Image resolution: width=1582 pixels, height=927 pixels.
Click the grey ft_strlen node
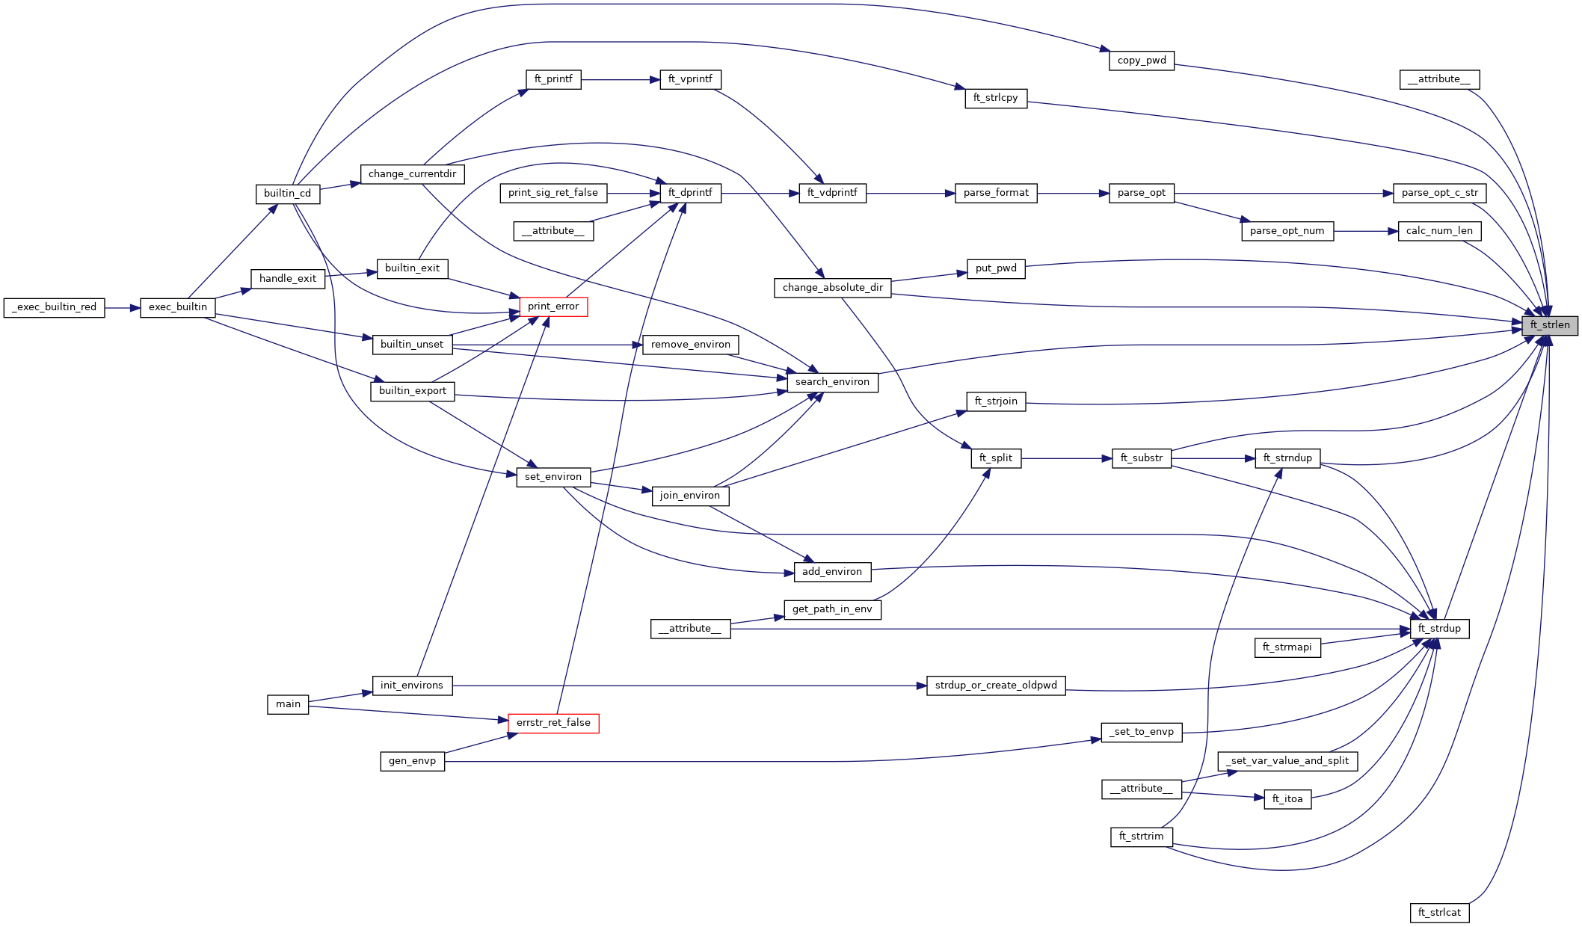[1549, 325]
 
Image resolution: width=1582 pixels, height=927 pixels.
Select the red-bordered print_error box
[553, 307]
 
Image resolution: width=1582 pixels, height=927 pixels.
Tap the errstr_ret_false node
[553, 723]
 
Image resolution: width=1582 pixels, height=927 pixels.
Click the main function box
[288, 704]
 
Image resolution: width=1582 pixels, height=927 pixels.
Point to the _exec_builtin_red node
[55, 307]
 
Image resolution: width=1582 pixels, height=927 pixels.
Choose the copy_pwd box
[1142, 61]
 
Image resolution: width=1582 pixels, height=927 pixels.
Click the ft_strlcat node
[1439, 913]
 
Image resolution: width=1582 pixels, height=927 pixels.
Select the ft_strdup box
[1439, 629]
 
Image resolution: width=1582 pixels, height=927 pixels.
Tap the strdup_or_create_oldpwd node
[996, 686]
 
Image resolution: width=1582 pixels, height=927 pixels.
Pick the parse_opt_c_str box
[1440, 193]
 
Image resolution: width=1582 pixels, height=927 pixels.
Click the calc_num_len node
[1439, 231]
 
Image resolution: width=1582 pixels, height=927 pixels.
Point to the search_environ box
[832, 382]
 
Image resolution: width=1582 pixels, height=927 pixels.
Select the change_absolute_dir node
[832, 288]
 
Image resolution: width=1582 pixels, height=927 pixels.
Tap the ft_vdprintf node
[832, 193]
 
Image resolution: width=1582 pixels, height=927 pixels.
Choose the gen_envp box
[412, 761]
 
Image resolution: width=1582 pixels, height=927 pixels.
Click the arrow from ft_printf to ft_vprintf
[620, 79]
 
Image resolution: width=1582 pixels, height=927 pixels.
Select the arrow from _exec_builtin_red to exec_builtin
[123, 307]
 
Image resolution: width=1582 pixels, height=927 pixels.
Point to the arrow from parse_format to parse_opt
[1072, 193]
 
